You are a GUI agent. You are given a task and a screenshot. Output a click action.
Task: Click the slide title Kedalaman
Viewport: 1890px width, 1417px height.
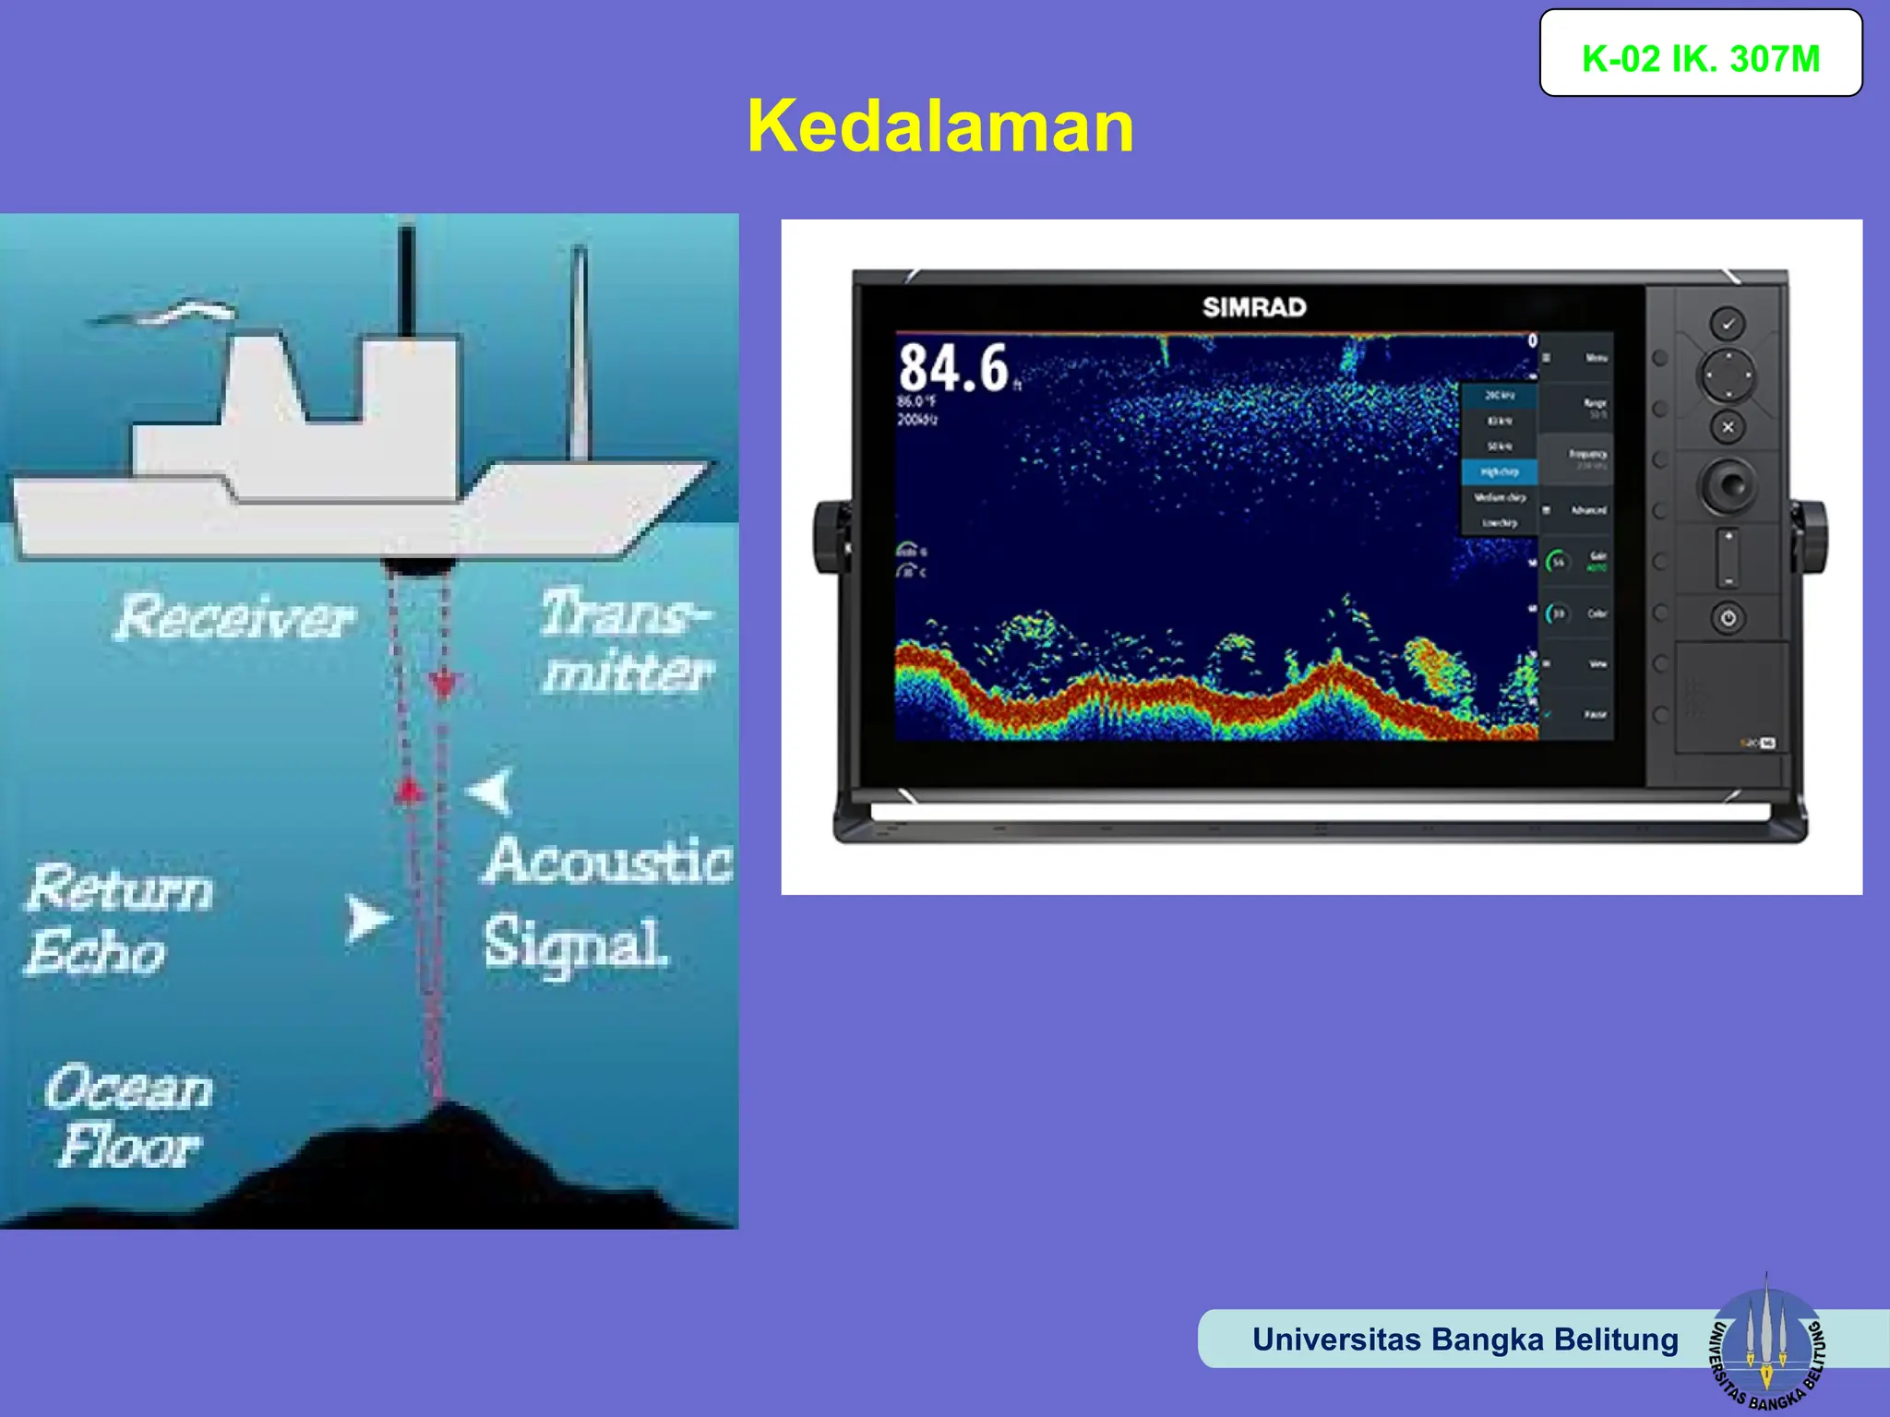pyautogui.click(x=940, y=126)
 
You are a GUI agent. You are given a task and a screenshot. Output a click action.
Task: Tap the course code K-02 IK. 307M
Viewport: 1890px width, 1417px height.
pyautogui.click(x=1700, y=59)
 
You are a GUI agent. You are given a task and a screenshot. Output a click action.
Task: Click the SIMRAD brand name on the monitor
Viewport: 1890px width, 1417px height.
pyautogui.click(x=1254, y=307)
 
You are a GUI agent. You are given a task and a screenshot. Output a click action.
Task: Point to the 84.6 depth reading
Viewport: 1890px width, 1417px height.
pyautogui.click(x=953, y=369)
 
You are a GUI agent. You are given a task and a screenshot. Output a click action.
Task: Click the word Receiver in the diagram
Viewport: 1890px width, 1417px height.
pyautogui.click(x=235, y=617)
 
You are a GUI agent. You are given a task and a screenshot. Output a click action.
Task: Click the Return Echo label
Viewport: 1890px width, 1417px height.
pyautogui.click(x=118, y=919)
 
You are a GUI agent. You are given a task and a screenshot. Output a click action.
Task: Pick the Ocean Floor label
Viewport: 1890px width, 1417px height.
pyautogui.click(x=129, y=1117)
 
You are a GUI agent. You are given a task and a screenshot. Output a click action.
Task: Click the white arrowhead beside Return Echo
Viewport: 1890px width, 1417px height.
pyautogui.click(x=366, y=919)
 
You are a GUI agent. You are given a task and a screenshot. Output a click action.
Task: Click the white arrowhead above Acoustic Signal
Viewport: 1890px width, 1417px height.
pyautogui.click(x=492, y=792)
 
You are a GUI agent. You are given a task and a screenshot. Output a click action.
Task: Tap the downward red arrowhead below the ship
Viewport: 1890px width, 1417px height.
pyautogui.click(x=445, y=684)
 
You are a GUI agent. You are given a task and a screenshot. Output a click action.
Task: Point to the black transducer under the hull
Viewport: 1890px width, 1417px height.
pyautogui.click(x=417, y=565)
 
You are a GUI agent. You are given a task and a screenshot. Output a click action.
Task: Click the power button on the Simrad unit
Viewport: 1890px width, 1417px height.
pyautogui.click(x=1729, y=618)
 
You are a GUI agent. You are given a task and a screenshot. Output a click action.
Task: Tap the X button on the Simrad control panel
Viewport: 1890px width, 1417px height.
pyautogui.click(x=1729, y=427)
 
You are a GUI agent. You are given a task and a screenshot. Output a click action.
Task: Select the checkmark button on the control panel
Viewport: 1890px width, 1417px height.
pyautogui.click(x=1728, y=324)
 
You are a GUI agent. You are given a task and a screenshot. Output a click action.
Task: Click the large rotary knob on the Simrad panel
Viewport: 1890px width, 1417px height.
pyautogui.click(x=1729, y=484)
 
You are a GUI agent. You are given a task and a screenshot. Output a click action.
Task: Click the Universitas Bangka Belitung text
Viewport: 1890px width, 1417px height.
pyautogui.click(x=1465, y=1339)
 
